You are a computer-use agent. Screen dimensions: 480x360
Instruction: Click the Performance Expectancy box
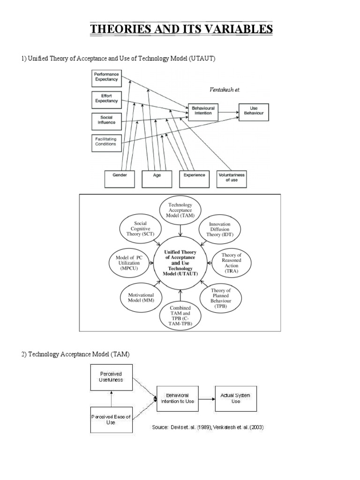coord(107,77)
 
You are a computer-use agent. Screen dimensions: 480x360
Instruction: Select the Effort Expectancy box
coord(107,97)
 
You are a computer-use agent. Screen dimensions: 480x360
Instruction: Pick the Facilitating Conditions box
coord(106,141)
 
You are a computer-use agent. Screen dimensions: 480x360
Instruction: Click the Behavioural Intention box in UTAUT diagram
coord(202,110)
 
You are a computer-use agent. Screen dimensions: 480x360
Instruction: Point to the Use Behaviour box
coord(254,111)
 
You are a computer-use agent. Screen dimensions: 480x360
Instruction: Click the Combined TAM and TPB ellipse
coord(180,315)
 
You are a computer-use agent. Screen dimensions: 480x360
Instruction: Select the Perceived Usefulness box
coord(112,377)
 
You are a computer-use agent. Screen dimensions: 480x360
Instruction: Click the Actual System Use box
coord(235,398)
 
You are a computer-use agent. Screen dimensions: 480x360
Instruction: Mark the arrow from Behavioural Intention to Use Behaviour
coord(229,112)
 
